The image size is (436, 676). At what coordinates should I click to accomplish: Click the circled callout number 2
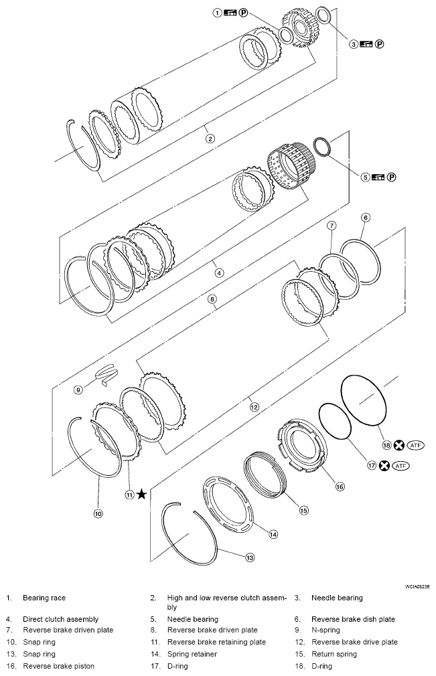(x=210, y=139)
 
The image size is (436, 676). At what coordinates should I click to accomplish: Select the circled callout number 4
(x=218, y=272)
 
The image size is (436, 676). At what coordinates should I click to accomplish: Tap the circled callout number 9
(x=78, y=389)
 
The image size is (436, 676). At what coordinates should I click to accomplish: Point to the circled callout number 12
(x=253, y=406)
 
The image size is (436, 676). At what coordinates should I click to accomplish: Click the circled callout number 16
(x=340, y=487)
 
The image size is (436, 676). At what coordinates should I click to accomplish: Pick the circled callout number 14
(x=273, y=533)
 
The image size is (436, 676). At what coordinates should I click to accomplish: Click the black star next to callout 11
(x=141, y=494)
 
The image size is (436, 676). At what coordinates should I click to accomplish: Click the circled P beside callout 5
(x=392, y=177)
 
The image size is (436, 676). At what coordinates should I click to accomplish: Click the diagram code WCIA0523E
(x=417, y=586)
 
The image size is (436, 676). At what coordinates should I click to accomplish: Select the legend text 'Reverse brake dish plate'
(x=352, y=619)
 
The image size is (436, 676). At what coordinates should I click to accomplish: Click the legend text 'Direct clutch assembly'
(x=60, y=619)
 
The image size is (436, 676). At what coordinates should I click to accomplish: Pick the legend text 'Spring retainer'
(x=192, y=654)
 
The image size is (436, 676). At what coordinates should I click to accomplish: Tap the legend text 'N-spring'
(x=325, y=630)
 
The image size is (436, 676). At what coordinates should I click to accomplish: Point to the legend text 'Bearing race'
(x=44, y=598)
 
